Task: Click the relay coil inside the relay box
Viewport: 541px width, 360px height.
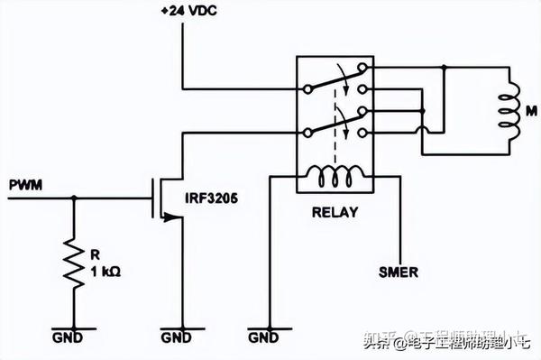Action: coord(340,178)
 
